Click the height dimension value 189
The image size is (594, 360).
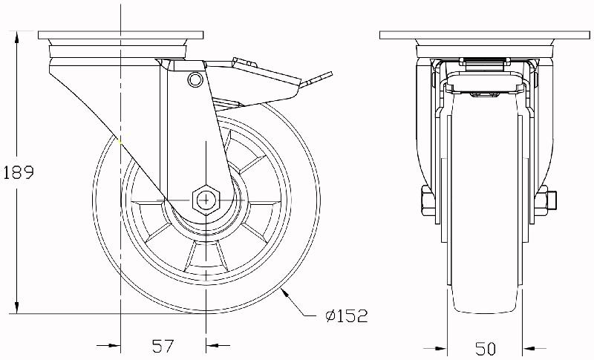click(19, 172)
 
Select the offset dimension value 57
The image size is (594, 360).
click(163, 345)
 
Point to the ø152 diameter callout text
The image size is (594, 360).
click(346, 317)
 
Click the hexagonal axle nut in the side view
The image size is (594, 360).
click(204, 199)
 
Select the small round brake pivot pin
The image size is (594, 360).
click(195, 79)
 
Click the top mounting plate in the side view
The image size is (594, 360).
click(121, 36)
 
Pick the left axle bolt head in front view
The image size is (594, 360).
click(426, 200)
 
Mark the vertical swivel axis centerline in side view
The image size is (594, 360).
click(120, 111)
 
